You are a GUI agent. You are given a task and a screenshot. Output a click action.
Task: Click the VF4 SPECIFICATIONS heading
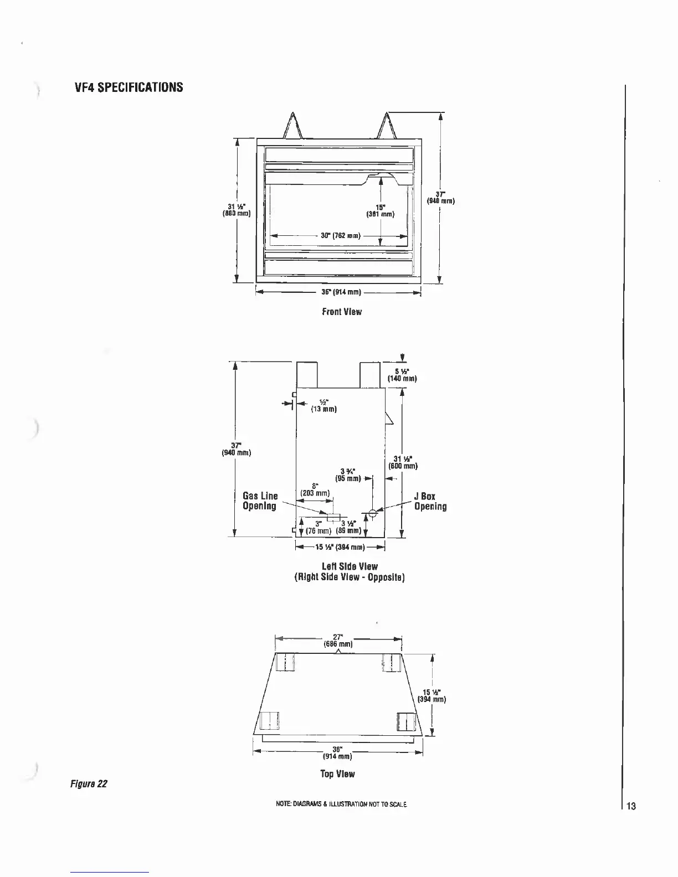tap(129, 87)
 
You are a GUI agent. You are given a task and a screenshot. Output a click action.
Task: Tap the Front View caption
tap(342, 312)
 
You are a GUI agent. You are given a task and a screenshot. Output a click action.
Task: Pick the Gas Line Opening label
tap(260, 501)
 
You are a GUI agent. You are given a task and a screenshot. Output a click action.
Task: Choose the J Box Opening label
tap(430, 501)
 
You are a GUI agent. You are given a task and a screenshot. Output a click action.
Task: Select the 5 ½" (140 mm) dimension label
tap(402, 375)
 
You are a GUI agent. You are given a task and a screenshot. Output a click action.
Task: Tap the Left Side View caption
tap(350, 571)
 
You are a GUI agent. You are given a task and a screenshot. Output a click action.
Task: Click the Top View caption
tap(337, 773)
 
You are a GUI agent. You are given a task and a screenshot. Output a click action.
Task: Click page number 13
tap(631, 806)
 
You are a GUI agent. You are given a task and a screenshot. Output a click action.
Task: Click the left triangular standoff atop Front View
tap(292, 126)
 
